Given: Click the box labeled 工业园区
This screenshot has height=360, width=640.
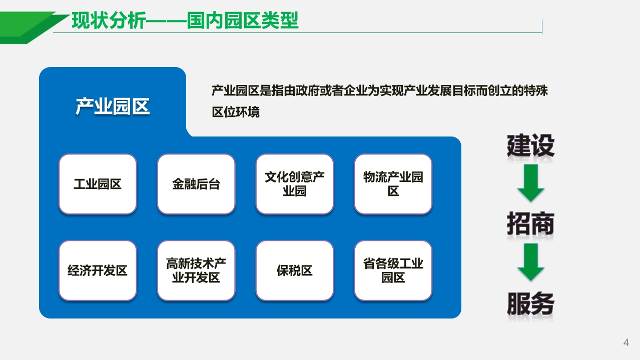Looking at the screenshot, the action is [x=98, y=184].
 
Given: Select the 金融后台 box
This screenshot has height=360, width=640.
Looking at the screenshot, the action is [x=196, y=184].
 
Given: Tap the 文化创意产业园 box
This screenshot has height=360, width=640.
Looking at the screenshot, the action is [x=295, y=184].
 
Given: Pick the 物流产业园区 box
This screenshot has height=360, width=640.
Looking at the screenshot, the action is [x=393, y=184].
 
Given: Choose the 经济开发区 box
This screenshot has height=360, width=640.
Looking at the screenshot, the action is [x=98, y=270].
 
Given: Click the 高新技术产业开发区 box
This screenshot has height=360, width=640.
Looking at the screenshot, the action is [x=196, y=270].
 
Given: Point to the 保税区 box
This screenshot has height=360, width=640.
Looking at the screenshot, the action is [x=295, y=270].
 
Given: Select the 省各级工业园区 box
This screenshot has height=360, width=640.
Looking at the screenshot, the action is [x=393, y=270].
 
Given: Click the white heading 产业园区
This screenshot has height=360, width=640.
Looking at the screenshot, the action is [x=113, y=106].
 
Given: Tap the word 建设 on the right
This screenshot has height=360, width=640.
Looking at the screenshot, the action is [x=530, y=145].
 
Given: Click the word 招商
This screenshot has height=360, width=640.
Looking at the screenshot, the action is [x=530, y=223].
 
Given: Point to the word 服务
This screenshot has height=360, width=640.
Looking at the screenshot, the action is [x=530, y=303].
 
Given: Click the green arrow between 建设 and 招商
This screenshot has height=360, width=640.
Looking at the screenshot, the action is [x=531, y=182].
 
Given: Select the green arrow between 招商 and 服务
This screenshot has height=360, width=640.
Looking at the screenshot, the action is [x=531, y=262].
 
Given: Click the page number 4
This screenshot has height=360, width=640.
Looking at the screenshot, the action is [x=626, y=342].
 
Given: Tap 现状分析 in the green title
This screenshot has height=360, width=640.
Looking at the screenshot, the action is [x=109, y=20].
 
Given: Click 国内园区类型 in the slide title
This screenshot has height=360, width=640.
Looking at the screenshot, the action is [x=243, y=20].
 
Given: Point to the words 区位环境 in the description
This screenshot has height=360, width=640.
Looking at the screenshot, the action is [x=236, y=112].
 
